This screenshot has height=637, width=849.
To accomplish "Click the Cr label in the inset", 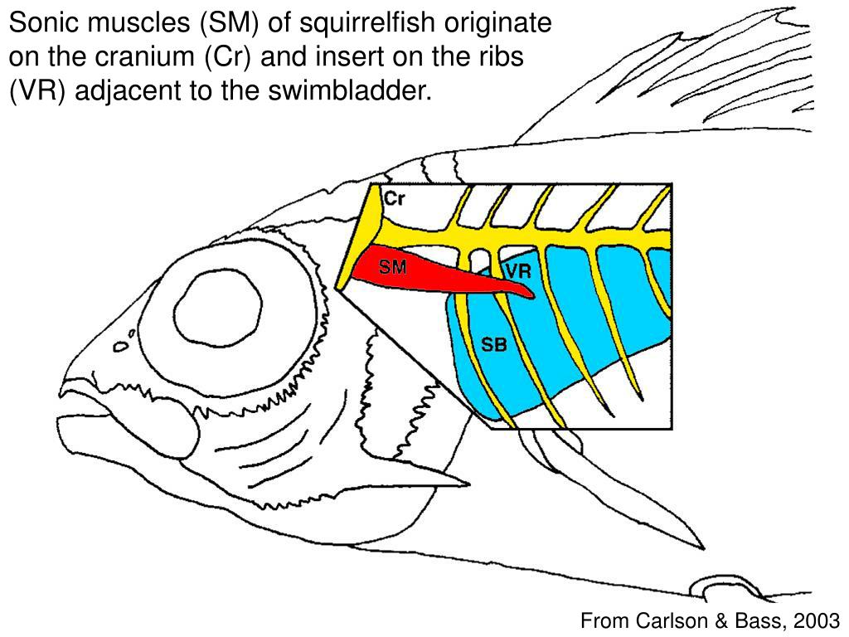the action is click(x=395, y=200).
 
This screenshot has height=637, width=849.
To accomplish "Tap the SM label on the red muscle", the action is click(x=392, y=267).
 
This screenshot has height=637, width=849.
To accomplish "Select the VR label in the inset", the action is click(x=518, y=272).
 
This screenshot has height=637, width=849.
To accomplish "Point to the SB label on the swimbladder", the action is click(x=494, y=345).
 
